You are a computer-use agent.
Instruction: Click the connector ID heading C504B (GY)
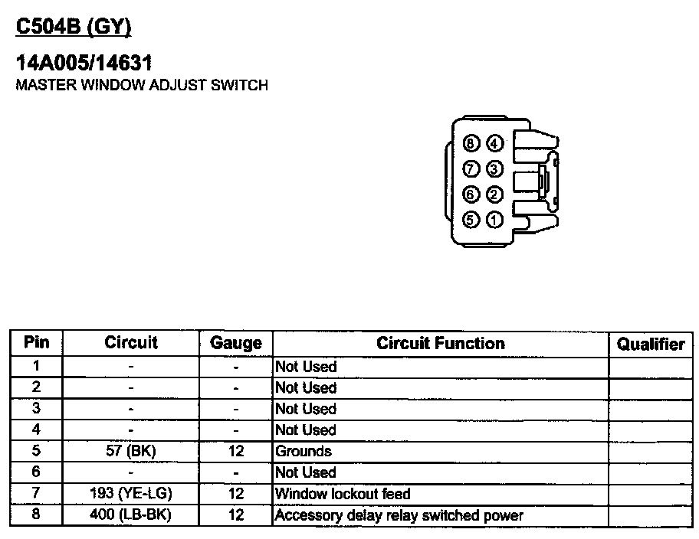point(74,28)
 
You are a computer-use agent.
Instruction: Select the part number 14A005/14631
point(84,64)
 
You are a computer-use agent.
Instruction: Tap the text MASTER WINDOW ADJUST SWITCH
point(142,85)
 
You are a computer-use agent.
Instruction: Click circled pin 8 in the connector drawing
point(471,143)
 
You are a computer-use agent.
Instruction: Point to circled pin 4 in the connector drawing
point(494,143)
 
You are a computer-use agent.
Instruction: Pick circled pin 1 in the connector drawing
point(494,220)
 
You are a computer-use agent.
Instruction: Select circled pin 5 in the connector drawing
point(471,220)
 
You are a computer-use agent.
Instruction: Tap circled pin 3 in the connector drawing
point(494,169)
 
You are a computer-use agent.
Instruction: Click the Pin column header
point(36,342)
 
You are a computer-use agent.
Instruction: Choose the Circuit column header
point(130,342)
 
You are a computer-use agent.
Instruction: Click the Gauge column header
point(236,343)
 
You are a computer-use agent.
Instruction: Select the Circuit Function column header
point(441,343)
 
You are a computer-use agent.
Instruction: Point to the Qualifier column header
point(651,344)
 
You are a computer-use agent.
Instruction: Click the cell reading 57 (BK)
point(130,451)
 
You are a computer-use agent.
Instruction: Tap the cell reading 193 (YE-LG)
point(130,494)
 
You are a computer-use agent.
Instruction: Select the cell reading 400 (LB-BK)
point(130,514)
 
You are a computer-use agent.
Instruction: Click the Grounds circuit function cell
point(304,451)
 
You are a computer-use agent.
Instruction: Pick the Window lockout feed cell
point(343,494)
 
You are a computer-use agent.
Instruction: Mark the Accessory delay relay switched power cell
point(399,515)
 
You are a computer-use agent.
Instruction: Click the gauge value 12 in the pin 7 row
point(236,494)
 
